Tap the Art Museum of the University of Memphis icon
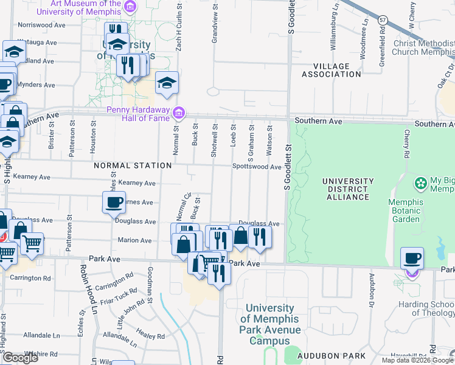[130, 6]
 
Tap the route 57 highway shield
[382, 20]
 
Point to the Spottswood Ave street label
[256, 167]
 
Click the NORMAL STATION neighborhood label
[133, 165]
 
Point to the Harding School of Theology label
[426, 308]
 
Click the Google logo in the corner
[20, 357]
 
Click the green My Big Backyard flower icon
[420, 183]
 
